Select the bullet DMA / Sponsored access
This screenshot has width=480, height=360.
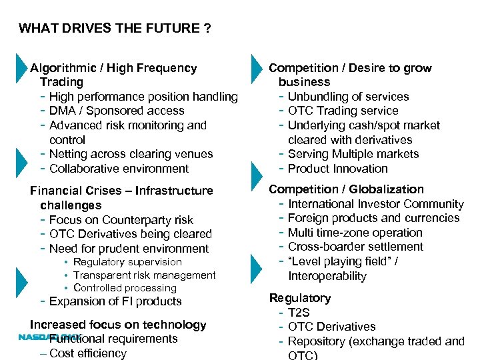click(117, 111)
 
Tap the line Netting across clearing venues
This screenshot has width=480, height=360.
click(131, 154)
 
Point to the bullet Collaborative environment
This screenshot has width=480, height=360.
click(119, 169)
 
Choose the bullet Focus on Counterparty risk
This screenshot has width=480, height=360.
click(121, 220)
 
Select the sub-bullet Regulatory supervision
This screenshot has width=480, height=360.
click(127, 262)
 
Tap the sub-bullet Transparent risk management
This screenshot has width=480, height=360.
click(145, 275)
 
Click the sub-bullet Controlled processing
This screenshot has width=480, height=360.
click(125, 288)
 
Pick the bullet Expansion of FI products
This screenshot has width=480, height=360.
click(115, 301)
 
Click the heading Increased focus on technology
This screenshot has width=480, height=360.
click(118, 325)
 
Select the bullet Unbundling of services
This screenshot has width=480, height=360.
click(348, 97)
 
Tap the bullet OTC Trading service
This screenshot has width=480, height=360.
click(343, 111)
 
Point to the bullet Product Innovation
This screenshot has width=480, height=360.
click(337, 169)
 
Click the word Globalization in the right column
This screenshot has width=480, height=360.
click(386, 189)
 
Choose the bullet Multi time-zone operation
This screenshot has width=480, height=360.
click(355, 233)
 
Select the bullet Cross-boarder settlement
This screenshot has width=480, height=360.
click(355, 247)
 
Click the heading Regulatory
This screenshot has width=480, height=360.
click(299, 298)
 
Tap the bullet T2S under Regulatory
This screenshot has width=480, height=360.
click(299, 313)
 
